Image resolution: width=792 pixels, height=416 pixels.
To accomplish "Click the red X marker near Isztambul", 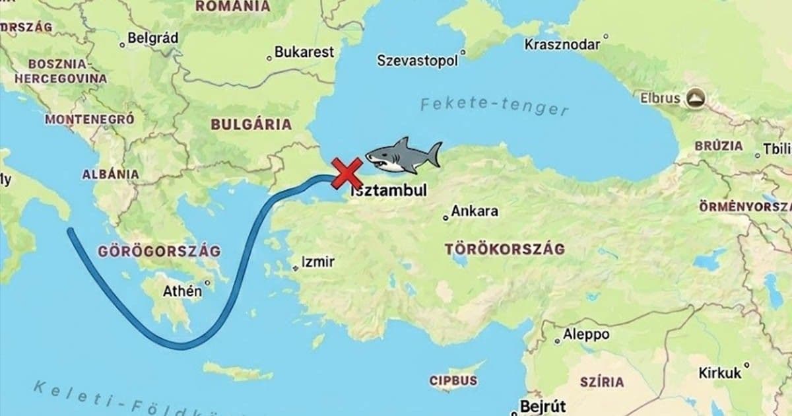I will (346, 174).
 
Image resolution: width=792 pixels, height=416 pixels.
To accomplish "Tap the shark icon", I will (403, 156).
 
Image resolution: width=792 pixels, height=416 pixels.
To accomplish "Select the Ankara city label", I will (474, 212).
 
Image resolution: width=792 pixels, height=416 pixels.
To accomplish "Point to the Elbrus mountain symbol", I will (695, 98).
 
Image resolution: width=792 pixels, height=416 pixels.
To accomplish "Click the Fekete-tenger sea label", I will (494, 105).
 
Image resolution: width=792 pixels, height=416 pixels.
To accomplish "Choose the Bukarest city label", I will (304, 52).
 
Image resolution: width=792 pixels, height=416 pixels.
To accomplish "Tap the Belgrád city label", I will (152, 38).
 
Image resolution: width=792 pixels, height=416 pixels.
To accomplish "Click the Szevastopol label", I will (417, 60).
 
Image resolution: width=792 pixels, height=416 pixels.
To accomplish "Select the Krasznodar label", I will (562, 44).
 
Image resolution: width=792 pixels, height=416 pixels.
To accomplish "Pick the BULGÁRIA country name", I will (251, 124).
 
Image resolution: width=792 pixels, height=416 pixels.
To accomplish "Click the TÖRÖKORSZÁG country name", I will (505, 250).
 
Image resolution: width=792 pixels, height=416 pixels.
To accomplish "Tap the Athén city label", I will (182, 291).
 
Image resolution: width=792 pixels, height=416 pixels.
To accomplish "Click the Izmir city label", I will (317, 261).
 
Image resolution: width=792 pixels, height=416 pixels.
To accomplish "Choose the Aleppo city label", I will (586, 335).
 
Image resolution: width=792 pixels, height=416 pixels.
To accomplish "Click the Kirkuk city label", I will (720, 373).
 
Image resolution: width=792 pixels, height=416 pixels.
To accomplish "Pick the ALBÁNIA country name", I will (110, 174).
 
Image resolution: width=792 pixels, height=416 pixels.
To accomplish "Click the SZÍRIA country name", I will (601, 382).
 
